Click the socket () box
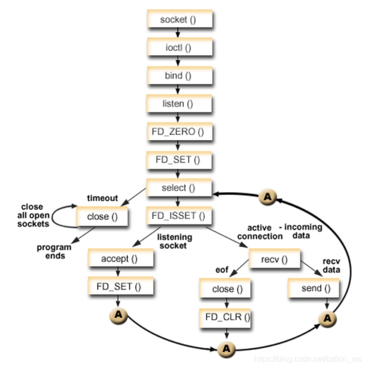tap(180, 19)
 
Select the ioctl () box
tap(180, 48)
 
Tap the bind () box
tap(180, 76)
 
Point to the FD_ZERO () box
tap(180, 132)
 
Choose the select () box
tap(180, 188)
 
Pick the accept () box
tap(120, 258)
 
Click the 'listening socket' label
tap(172, 241)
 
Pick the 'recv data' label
tap(332, 266)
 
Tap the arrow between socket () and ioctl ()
tap(180, 33)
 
